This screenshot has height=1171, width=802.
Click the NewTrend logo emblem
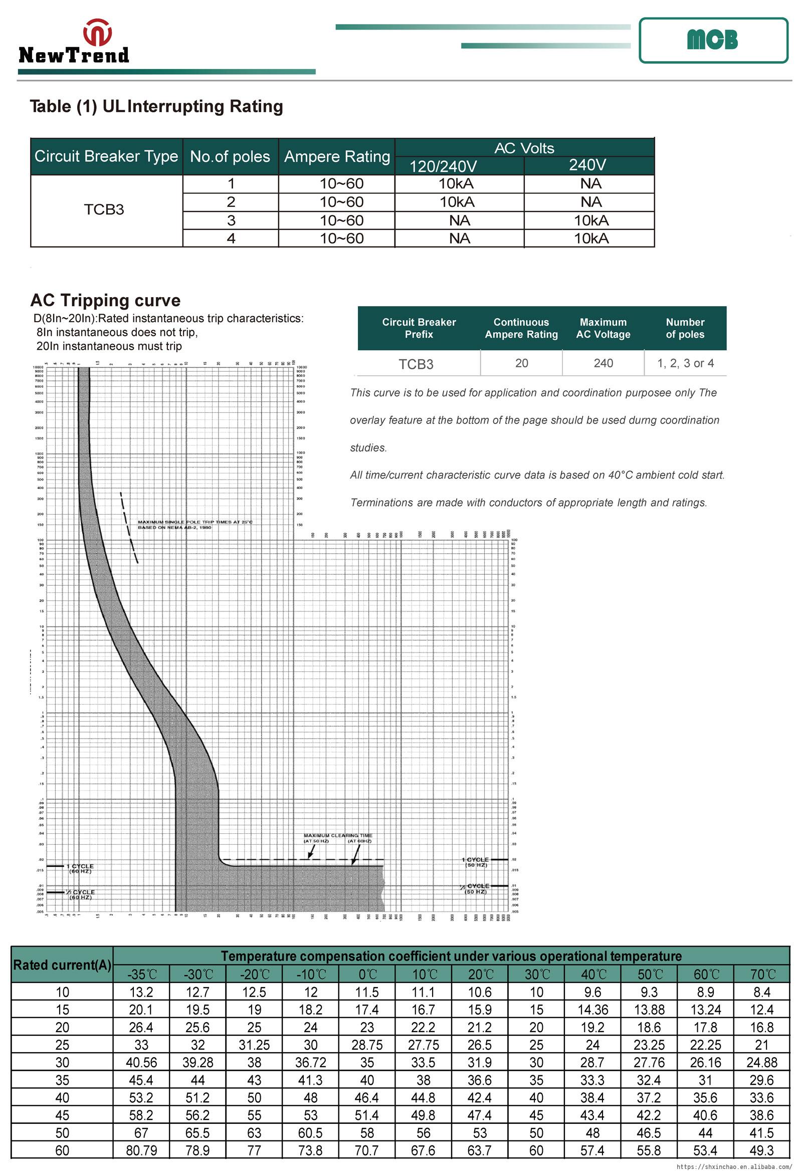tap(97, 32)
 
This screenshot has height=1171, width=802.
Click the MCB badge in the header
tap(712, 40)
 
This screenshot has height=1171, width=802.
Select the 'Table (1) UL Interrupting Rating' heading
tap(156, 106)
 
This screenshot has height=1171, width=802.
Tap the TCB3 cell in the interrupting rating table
tap(104, 209)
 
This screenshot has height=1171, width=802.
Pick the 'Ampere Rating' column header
tap(337, 156)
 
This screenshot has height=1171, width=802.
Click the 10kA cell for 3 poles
tap(591, 220)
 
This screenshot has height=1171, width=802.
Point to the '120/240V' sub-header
tap(443, 166)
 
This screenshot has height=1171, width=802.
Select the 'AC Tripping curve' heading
tap(105, 300)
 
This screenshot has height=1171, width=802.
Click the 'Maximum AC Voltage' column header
tap(603, 328)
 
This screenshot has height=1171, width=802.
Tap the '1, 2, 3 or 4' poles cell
tap(685, 363)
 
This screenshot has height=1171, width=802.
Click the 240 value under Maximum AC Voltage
tap(603, 363)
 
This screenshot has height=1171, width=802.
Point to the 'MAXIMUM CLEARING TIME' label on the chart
tap(338, 835)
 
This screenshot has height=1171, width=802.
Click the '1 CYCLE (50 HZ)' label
tap(475, 862)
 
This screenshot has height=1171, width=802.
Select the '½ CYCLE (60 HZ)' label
tap(81, 894)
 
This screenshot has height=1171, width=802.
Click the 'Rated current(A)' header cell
tap(62, 965)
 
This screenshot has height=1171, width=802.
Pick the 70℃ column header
tap(761, 974)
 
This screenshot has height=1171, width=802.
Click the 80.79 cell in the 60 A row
tap(141, 1150)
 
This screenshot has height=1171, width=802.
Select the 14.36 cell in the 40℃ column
tap(592, 1009)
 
